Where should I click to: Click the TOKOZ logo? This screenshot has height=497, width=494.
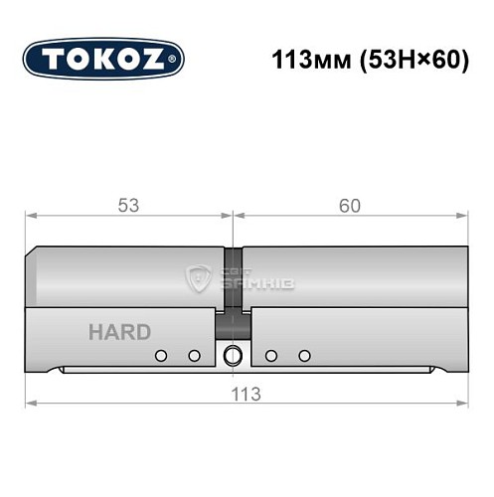click(103, 59)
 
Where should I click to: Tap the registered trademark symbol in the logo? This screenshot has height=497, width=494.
click(175, 60)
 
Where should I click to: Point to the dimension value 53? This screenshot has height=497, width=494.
click(127, 206)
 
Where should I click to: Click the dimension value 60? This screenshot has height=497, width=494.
click(349, 206)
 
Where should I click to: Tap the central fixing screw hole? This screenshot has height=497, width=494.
click(234, 356)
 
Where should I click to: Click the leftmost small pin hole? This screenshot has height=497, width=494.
click(159, 356)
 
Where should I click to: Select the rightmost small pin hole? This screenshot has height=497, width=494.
click(305, 356)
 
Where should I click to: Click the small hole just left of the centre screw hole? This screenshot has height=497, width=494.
click(195, 356)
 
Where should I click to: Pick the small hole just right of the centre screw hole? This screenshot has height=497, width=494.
click(270, 356)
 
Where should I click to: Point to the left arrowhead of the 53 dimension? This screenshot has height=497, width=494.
click(31, 215)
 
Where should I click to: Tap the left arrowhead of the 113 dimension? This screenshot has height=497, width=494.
click(31, 402)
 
